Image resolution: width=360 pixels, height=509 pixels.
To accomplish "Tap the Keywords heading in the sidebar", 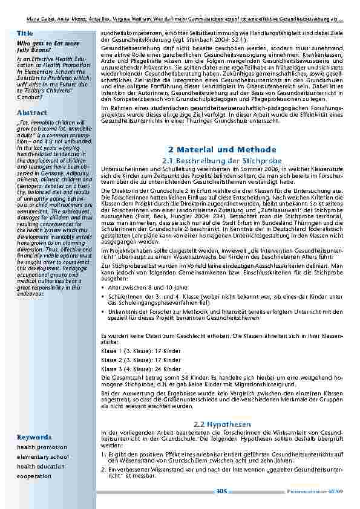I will pyautogui.click(x=33, y=436).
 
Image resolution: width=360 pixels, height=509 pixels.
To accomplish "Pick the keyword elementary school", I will pyautogui.click(x=43, y=457).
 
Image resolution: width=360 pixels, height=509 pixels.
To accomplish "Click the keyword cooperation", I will pyautogui.click(x=34, y=476).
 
